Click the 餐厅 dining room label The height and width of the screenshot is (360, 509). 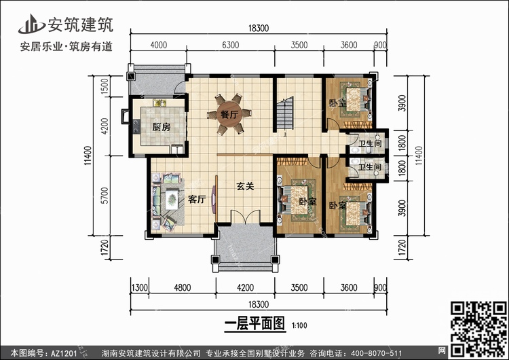click(229, 114)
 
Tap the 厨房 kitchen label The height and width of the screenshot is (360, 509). click(162, 127)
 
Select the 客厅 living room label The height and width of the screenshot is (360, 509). click(197, 199)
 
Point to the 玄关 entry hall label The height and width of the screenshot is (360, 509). click(245, 186)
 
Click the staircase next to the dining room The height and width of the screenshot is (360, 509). click(285, 113)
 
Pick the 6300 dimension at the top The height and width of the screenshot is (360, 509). click(231, 45)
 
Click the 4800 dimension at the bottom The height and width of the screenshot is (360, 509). click(183, 287)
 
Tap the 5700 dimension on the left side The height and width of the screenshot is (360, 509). click(105, 196)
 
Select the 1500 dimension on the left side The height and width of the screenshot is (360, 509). click(105, 86)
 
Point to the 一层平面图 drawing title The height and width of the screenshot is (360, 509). click(254, 323)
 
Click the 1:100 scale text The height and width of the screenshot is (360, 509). click(299, 325)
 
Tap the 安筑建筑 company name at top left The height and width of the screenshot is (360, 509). click(81, 24)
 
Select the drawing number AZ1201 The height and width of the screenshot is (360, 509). click(64, 353)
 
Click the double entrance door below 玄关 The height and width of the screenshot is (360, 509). click(246, 217)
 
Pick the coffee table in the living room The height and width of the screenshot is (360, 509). click(172, 200)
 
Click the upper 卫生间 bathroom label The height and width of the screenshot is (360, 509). click(370, 143)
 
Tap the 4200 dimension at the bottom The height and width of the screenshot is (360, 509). click(246, 287)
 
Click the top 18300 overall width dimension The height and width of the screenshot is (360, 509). click(259, 29)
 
